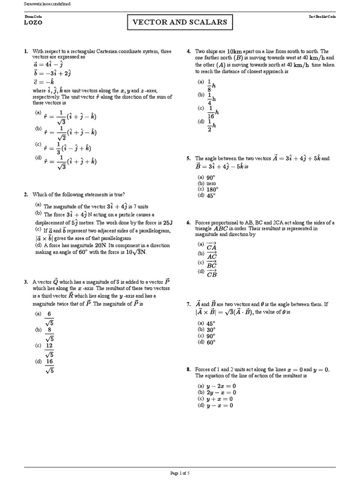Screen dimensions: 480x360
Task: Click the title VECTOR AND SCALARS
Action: pos(180,22)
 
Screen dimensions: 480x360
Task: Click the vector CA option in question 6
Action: pos(211,246)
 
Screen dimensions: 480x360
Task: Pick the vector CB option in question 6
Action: pos(211,273)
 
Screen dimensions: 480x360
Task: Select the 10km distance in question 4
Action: pos(234,52)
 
